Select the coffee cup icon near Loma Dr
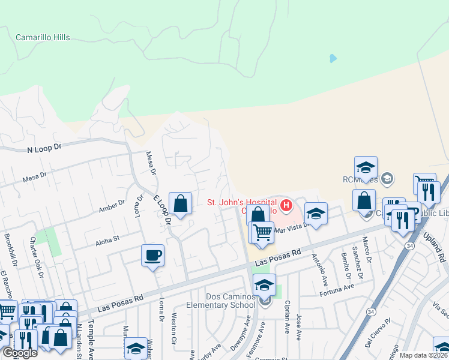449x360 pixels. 152,256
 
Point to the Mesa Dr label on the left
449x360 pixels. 34,177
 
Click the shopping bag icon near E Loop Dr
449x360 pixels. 180,204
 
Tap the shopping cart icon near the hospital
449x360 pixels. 262,232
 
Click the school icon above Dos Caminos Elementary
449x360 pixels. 264,286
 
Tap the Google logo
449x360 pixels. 20,353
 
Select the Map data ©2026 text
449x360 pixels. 423,355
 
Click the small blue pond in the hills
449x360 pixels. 333,59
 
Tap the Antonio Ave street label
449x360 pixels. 316,260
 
